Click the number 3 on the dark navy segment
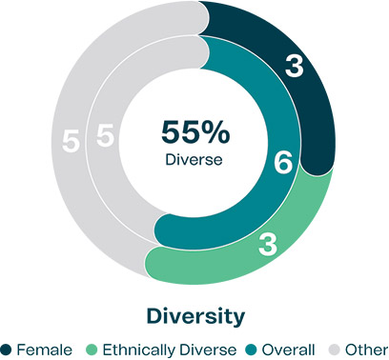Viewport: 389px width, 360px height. point(297,68)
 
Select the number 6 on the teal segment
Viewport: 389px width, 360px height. point(282,163)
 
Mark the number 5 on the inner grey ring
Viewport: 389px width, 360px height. point(105,137)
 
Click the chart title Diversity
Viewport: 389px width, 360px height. point(194,313)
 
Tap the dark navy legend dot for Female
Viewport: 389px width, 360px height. point(8,349)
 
